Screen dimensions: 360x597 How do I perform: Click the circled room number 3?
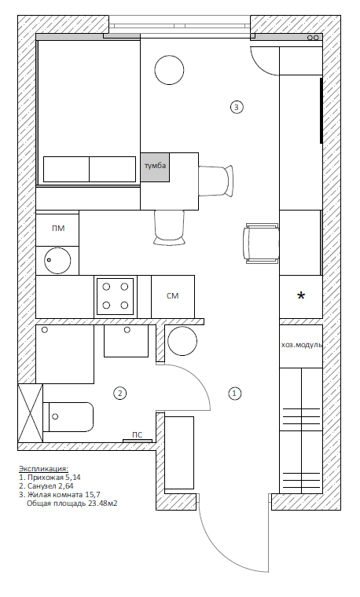(237, 107)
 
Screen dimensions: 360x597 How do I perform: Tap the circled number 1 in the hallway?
(235, 393)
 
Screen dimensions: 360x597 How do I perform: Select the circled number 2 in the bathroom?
(119, 393)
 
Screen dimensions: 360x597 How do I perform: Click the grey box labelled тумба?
(155, 167)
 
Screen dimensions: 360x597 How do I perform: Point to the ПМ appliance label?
(58, 229)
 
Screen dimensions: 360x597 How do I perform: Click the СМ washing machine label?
(173, 296)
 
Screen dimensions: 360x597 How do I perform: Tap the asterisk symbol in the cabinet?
(301, 295)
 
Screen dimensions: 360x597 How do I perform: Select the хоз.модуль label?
(302, 345)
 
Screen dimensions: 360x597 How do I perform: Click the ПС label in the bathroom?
(137, 435)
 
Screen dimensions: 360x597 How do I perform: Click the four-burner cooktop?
(115, 296)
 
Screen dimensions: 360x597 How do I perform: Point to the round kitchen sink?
(57, 260)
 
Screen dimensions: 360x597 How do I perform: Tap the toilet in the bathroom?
(68, 417)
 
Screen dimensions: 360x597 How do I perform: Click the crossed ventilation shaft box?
(30, 413)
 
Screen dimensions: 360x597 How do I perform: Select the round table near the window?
(170, 70)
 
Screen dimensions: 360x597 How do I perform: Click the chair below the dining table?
(170, 228)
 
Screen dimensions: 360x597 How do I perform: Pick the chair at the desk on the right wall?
(261, 244)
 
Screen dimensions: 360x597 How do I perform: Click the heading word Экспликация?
(43, 469)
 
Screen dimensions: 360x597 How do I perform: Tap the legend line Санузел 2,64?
(46, 486)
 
